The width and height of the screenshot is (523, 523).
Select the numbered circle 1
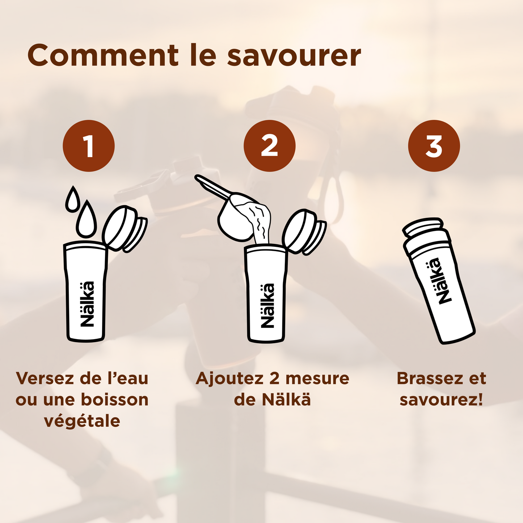[x=89, y=146]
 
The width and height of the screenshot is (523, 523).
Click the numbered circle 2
[x=269, y=146]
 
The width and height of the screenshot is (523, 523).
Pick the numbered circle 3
[x=434, y=146]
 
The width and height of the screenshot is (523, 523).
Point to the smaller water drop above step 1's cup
[x=72, y=199]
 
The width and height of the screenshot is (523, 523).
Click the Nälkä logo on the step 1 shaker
[x=87, y=304]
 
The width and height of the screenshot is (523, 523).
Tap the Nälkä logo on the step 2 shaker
[x=267, y=305]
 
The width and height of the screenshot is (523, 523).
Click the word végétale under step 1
[x=82, y=421]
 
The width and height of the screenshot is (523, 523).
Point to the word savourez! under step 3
[x=441, y=400]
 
